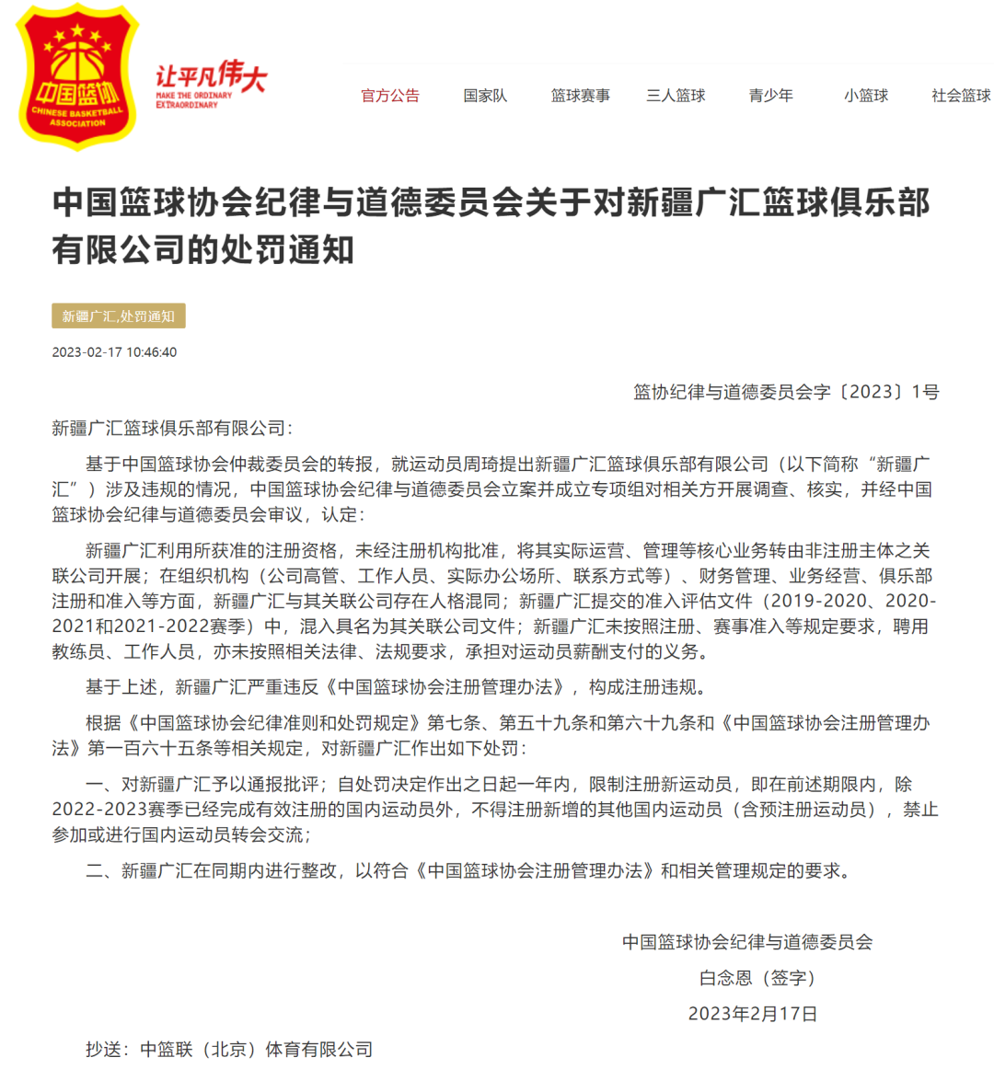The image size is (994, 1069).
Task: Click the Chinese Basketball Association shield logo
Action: tap(77, 77)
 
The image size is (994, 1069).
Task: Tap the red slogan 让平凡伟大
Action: tap(211, 77)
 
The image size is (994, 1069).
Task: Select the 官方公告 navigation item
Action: tap(389, 96)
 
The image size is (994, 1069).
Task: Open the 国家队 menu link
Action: tap(485, 96)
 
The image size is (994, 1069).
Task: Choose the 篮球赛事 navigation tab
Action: tap(580, 96)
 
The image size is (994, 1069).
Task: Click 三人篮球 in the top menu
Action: tap(676, 96)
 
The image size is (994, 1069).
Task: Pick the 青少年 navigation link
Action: tap(770, 96)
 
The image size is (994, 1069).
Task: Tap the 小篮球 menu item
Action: tap(866, 96)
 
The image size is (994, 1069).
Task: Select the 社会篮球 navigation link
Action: tap(961, 96)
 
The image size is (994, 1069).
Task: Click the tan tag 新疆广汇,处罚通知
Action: tap(119, 316)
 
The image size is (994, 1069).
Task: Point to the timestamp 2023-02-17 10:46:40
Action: tap(114, 352)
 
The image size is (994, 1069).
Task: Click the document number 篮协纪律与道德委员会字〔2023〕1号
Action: tap(786, 392)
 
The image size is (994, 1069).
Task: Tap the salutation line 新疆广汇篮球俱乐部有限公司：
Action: tap(172, 428)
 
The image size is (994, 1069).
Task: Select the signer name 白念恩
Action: tap(726, 978)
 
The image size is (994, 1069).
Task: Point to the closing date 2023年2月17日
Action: tap(753, 1014)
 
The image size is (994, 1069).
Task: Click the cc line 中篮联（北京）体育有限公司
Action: tap(256, 1050)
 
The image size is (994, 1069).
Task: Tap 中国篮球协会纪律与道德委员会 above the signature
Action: tap(747, 942)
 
